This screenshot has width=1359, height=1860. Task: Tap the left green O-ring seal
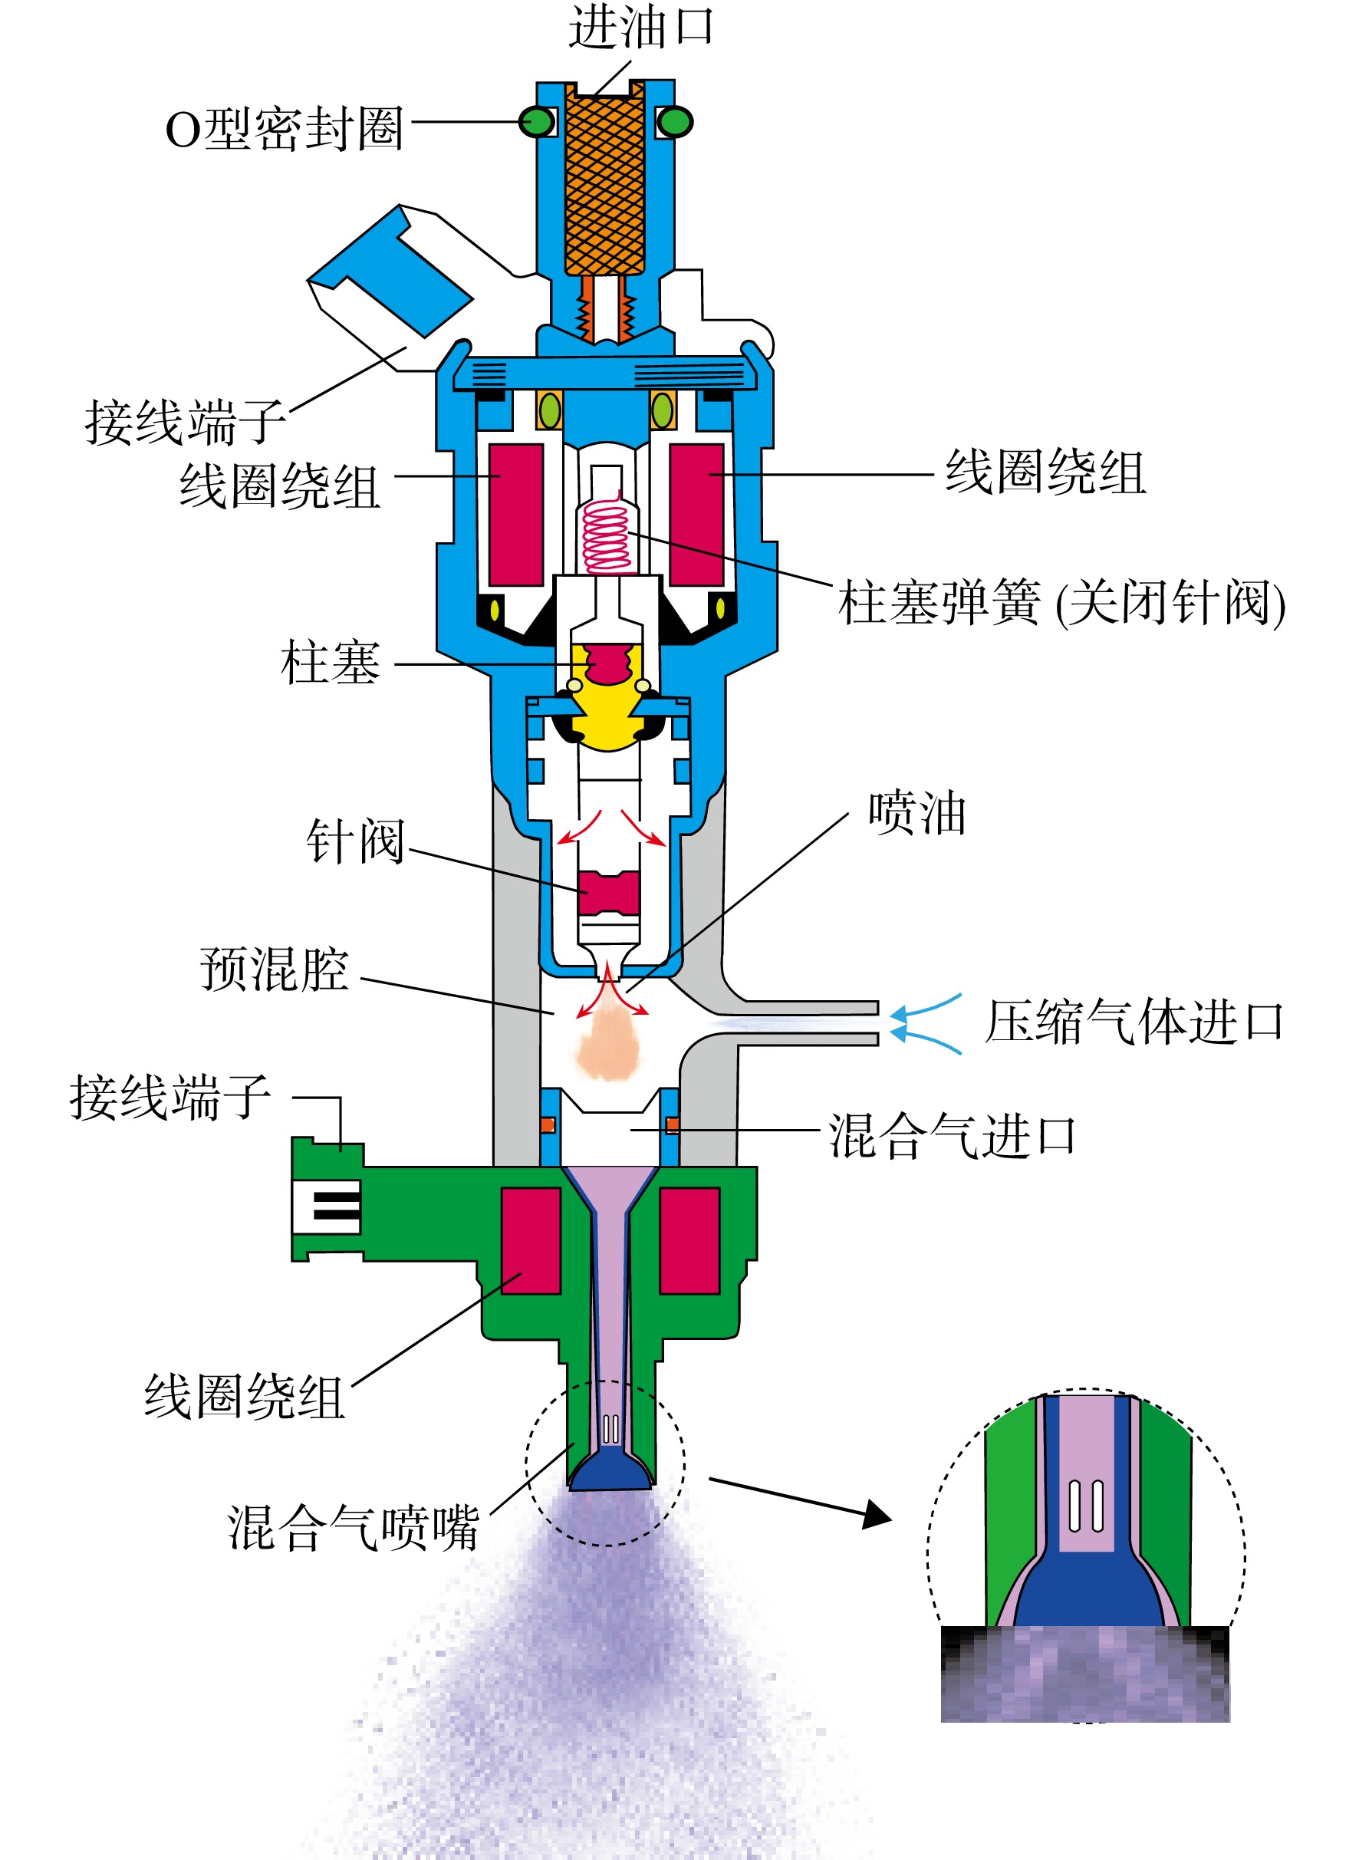click(x=537, y=122)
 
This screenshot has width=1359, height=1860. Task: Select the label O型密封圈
click(x=285, y=129)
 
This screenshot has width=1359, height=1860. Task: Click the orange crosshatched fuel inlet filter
click(x=604, y=184)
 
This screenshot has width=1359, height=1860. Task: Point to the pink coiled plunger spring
click(x=607, y=535)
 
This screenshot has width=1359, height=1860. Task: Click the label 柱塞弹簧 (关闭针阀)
click(x=1062, y=602)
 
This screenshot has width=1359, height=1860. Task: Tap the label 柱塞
click(x=330, y=663)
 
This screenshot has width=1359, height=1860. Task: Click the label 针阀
click(x=355, y=841)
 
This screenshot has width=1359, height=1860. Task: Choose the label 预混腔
click(x=275, y=969)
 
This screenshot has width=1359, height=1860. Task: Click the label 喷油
click(x=917, y=814)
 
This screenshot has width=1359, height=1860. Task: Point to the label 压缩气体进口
click(x=1134, y=1022)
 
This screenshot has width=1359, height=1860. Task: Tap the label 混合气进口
click(x=952, y=1136)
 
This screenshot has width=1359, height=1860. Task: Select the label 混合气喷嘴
click(x=354, y=1528)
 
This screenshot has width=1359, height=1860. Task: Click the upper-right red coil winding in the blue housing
click(x=697, y=515)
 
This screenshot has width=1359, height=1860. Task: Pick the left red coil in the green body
click(x=531, y=1240)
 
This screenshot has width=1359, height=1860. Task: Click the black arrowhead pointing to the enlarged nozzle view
click(x=877, y=1513)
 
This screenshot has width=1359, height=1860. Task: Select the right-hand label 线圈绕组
click(x=1045, y=473)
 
